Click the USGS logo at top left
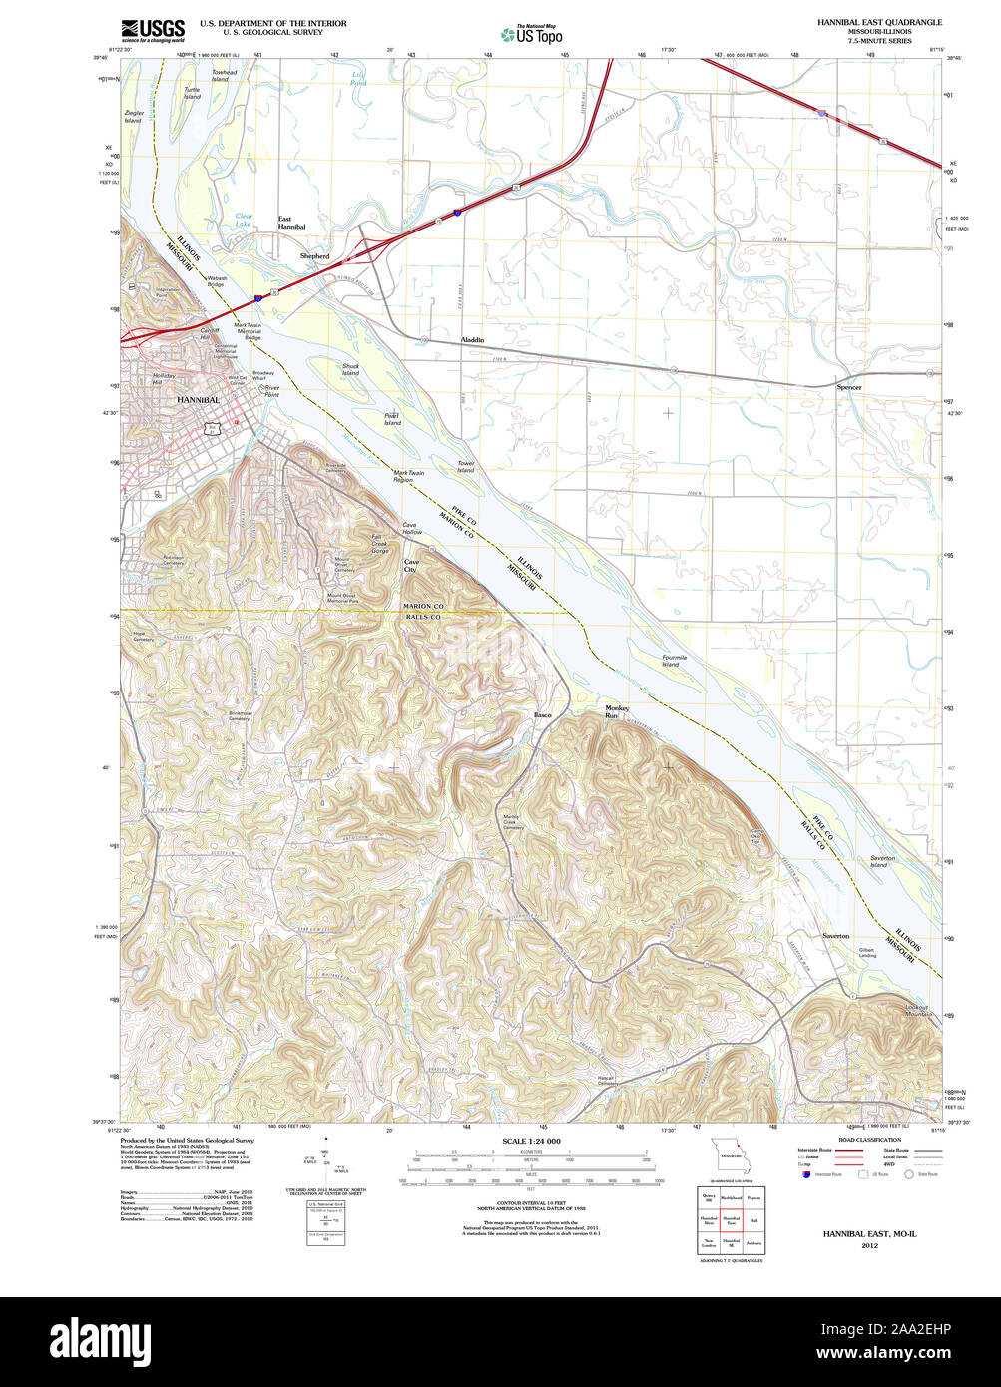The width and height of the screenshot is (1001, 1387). (x=152, y=31)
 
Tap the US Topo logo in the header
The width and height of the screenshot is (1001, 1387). (x=531, y=34)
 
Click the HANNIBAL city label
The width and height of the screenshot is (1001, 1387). (x=198, y=399)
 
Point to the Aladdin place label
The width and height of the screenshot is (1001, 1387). (x=472, y=340)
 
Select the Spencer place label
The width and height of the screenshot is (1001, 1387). (x=849, y=386)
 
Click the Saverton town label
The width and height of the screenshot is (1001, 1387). (x=835, y=936)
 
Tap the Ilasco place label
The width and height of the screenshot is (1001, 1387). (x=542, y=715)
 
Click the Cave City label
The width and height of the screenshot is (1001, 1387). (x=411, y=566)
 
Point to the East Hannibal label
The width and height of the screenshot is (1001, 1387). (x=291, y=222)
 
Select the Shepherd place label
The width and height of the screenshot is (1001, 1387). (x=314, y=256)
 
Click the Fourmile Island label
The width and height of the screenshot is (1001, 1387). (x=675, y=660)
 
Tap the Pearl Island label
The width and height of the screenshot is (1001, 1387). (x=392, y=419)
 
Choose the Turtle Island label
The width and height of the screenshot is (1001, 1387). (x=192, y=93)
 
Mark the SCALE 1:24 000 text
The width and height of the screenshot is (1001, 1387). (x=531, y=1141)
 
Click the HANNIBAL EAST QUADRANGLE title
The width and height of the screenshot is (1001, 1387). (x=879, y=22)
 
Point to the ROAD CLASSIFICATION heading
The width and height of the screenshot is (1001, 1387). (x=869, y=1140)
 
